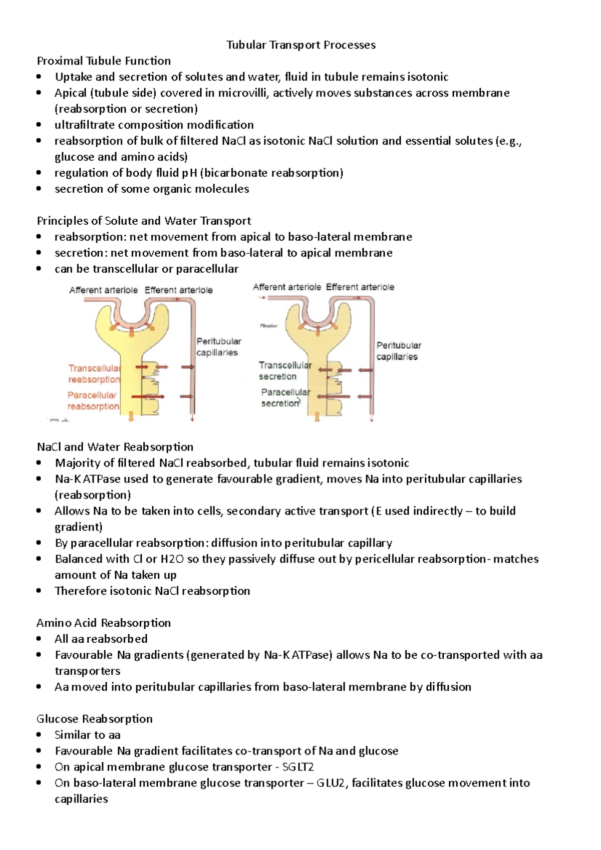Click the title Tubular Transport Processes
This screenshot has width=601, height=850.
tap(300, 45)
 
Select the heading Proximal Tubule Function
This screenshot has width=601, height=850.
tap(104, 61)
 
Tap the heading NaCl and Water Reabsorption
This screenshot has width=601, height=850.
tap(115, 447)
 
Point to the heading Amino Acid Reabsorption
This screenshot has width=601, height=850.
tap(104, 623)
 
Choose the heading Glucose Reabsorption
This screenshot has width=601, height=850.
tap(95, 719)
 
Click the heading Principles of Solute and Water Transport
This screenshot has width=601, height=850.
tap(144, 221)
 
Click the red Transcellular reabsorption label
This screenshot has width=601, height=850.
tap(94, 374)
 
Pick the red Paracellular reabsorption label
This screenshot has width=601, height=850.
tap(93, 400)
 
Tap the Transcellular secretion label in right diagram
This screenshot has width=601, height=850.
tap(284, 371)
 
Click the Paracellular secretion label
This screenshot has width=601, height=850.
tap(284, 397)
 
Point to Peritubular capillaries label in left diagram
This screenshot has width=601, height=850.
tap(218, 347)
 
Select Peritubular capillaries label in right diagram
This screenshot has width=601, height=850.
tap(398, 351)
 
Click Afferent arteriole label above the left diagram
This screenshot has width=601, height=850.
tap(103, 290)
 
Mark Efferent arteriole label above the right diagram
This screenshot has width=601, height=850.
tap(360, 287)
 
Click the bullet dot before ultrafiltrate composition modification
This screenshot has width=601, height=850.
tap(39, 125)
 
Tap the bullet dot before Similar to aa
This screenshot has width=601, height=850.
tap(39, 735)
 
